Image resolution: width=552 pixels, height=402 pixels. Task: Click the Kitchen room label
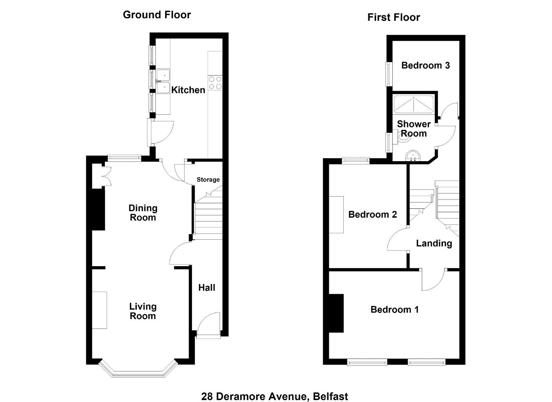pos(188,90)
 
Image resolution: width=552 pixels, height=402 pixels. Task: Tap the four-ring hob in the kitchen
pos(215,83)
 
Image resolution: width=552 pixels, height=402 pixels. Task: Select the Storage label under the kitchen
pos(208,179)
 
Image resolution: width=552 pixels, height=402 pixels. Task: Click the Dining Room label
pos(143,213)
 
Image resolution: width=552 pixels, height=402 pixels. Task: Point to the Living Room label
pos(143,311)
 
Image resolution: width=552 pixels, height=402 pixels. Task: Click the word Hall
pos(207,288)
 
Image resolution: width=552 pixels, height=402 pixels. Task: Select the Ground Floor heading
pos(157,15)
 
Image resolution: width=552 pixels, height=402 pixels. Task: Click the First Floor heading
pos(394,17)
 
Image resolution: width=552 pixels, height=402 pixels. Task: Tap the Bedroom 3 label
pos(426,66)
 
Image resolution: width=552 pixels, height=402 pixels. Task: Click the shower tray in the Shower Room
pos(414,104)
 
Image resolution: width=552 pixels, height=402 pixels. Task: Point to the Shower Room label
pos(414,128)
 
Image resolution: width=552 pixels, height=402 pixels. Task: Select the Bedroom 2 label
pos(373,214)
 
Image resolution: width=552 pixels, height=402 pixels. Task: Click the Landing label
pos(434,243)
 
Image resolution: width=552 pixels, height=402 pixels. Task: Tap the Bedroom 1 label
pos(395,310)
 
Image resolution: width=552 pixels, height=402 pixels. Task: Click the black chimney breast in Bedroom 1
pos(336,313)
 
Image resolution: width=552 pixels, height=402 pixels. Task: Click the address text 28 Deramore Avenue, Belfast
pos(275,390)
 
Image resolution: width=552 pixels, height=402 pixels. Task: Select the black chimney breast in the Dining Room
pos(98,210)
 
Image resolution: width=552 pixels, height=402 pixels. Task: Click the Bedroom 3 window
pos(389,74)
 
